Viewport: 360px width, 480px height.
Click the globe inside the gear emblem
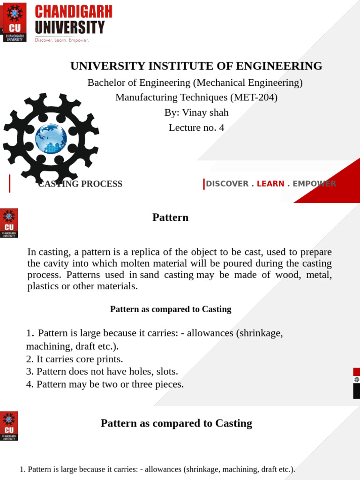coord(51,139)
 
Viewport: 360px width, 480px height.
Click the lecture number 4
coord(221,127)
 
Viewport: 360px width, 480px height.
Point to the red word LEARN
coord(270,184)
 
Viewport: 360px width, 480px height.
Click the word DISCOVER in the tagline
coord(227,184)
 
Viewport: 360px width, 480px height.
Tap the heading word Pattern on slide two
coord(171,217)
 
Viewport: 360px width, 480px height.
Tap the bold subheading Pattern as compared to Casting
coord(171,309)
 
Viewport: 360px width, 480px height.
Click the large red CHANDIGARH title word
coord(74,12)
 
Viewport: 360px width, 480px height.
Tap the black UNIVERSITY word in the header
coord(70,27)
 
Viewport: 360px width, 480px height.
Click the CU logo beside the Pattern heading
coord(9,223)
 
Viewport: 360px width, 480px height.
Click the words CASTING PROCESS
coord(81,184)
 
